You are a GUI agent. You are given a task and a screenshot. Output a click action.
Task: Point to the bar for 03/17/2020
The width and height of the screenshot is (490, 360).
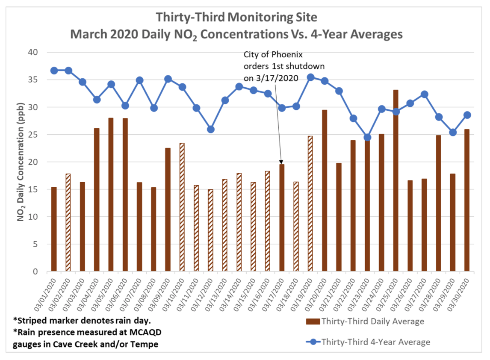pos(282,218)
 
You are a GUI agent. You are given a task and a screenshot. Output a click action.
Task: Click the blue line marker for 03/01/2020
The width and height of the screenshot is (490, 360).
pos(54,71)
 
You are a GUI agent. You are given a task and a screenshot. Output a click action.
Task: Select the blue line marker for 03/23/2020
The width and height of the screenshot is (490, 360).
pos(367,137)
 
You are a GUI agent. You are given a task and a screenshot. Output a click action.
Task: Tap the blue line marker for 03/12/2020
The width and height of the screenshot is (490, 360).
pos(211,129)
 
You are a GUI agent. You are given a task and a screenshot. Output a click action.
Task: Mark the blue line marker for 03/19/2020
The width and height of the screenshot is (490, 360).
pos(310,77)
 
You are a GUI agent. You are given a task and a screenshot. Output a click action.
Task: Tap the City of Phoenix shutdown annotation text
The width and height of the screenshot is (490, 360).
pos(284,66)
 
